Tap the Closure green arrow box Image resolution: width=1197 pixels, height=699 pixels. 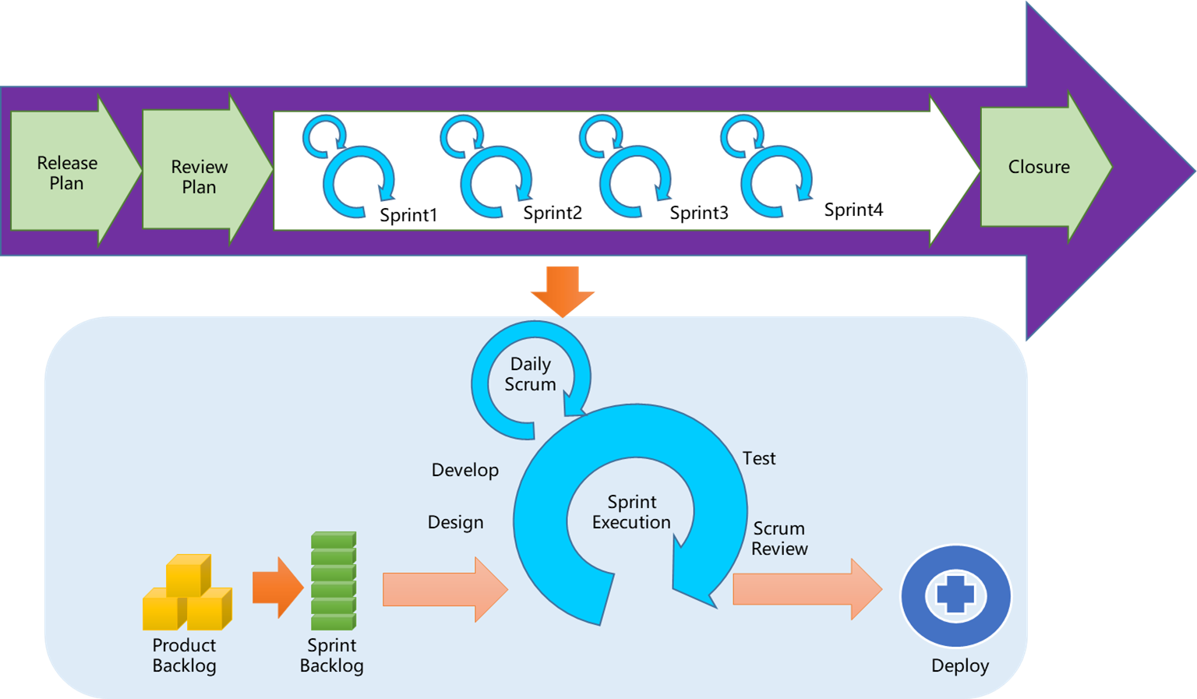[1039, 167]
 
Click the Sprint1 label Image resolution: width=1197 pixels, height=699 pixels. [408, 215]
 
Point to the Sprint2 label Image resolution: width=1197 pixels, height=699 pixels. [553, 213]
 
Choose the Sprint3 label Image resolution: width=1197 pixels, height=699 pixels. [699, 213]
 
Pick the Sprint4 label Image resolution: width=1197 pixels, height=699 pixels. [853, 210]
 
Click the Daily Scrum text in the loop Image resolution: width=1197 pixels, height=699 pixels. [531, 374]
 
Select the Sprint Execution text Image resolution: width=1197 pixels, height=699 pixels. [631, 512]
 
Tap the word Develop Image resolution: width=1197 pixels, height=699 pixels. [465, 470]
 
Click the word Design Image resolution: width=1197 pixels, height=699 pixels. [456, 522]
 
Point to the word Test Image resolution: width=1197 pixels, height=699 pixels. [759, 458]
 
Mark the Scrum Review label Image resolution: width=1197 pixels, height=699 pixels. [779, 538]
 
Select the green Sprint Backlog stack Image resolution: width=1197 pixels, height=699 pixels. [334, 581]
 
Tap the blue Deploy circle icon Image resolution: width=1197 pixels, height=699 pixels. [955, 596]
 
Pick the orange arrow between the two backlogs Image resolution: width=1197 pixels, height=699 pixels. [277, 588]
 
